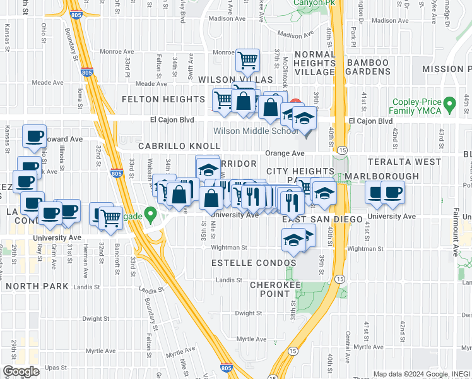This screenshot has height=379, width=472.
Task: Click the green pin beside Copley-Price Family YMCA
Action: [449, 103]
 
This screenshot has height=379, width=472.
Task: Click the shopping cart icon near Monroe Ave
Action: [248, 61]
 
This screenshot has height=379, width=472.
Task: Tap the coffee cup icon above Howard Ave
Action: [34, 135]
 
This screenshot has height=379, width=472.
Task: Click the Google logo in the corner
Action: [21, 371]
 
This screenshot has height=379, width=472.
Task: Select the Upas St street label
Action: [56, 367]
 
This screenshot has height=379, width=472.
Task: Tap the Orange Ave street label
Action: [285, 153]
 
